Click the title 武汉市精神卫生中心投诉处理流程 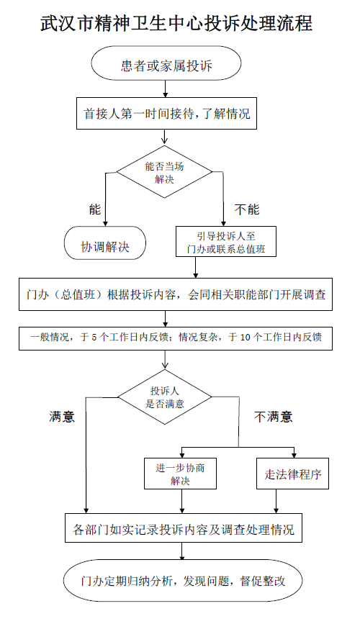pos(176,24)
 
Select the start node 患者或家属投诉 pos(166,63)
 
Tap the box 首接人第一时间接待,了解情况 pos(166,114)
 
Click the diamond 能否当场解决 pos(164,172)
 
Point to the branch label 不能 pos(247,209)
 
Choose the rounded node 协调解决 pos(105,243)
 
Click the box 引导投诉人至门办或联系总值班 pos(226,242)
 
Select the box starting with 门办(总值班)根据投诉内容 pos(176,294)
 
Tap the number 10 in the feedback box pos(246,338)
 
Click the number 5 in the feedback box pos(94,338)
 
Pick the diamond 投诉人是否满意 pos(164,397)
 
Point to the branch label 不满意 pos(273,417)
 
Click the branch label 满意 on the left pos(62,416)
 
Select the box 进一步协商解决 pos(180,474)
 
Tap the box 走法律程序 pos(293,474)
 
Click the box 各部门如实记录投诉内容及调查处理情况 pos(184,528)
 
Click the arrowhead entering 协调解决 pos(106,224)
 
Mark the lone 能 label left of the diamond pos(95,209)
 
